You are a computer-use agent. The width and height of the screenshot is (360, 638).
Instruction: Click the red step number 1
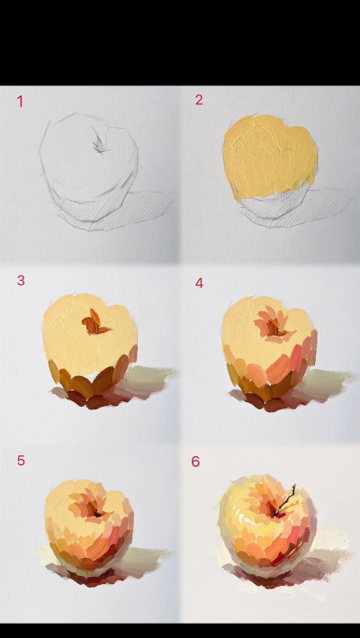click(20, 102)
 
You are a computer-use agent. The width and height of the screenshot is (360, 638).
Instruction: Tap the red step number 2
click(199, 100)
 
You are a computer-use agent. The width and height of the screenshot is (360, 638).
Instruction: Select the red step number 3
click(21, 281)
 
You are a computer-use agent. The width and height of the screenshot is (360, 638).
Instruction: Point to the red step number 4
click(199, 283)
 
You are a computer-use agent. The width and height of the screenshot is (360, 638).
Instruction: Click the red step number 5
click(21, 461)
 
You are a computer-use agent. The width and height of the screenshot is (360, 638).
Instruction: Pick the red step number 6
click(195, 462)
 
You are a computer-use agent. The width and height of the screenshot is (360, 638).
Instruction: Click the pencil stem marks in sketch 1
click(101, 142)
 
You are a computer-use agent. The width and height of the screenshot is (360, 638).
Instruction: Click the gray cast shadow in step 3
click(147, 381)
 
